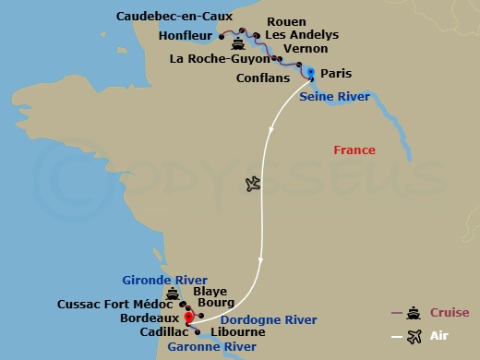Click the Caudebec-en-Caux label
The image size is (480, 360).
[174, 16]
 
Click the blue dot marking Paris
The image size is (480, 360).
[311, 72]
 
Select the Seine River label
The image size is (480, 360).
[336, 96]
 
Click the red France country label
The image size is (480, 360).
[355, 150]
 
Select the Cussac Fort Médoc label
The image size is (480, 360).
[114, 304]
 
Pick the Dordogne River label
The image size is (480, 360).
[255, 319]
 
